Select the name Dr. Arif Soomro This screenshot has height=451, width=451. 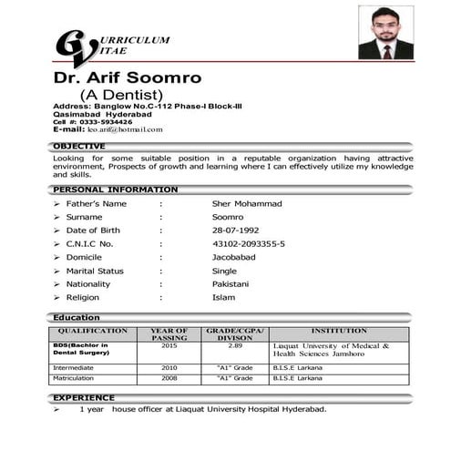pos(128,77)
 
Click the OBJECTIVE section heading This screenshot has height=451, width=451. pos(79,146)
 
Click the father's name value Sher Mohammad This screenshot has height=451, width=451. pos(247,203)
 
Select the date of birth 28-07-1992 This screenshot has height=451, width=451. pos(235,231)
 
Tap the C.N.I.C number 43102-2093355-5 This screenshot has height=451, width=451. pos(249,244)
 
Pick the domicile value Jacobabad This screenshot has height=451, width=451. pos(234,258)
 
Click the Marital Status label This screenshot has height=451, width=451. pos(95,271)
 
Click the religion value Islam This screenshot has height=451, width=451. pos(223,298)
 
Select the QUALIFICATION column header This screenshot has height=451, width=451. pos(93,331)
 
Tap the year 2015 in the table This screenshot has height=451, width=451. pos(169,346)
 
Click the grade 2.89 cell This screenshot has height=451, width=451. pos(235,346)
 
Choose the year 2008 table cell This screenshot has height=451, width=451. pos(169,377)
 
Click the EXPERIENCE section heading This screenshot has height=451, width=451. pos(84,397)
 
